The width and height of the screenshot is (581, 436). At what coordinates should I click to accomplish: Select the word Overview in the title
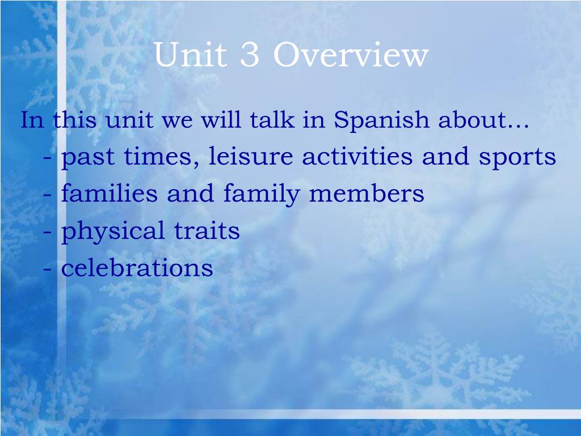[x=351, y=54]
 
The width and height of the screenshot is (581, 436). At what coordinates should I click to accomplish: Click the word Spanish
[x=381, y=120]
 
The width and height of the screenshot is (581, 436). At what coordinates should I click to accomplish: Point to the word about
[x=483, y=120]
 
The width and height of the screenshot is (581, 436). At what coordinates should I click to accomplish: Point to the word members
[x=367, y=193]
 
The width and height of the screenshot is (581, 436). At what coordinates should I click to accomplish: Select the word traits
[x=207, y=230]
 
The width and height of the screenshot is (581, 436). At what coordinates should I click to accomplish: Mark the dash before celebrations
[x=47, y=269]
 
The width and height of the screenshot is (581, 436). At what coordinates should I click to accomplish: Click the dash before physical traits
[x=47, y=232]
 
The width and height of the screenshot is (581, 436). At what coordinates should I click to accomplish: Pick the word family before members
[x=261, y=194]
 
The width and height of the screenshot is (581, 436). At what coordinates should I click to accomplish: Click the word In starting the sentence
[x=32, y=120]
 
